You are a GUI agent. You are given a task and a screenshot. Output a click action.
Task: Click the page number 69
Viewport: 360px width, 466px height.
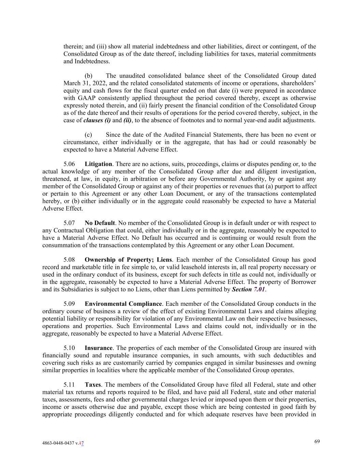317,441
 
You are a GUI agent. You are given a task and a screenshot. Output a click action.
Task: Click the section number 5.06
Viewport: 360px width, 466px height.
69,164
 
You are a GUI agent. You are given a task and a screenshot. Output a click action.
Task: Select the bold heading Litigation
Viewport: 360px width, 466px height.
98,164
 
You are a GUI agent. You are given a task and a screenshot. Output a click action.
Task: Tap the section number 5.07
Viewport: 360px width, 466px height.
69,223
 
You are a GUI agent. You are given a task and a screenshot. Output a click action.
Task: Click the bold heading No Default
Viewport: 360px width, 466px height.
100,223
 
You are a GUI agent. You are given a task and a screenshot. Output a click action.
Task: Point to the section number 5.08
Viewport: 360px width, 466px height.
69,260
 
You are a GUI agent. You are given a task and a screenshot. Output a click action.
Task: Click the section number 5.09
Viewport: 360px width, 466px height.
69,304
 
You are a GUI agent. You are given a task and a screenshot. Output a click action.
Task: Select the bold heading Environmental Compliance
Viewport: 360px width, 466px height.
123,304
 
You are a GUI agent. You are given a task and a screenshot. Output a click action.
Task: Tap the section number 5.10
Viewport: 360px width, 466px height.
69,348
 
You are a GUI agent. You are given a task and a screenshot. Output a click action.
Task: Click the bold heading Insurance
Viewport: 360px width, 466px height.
98,348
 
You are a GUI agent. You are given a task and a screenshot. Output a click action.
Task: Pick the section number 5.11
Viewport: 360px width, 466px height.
69,385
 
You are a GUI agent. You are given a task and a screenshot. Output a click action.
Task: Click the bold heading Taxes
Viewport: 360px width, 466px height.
92,385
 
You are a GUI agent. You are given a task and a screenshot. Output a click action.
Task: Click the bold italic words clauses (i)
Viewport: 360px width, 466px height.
97,120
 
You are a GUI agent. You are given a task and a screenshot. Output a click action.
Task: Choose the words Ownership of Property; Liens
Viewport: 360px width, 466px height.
128,260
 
